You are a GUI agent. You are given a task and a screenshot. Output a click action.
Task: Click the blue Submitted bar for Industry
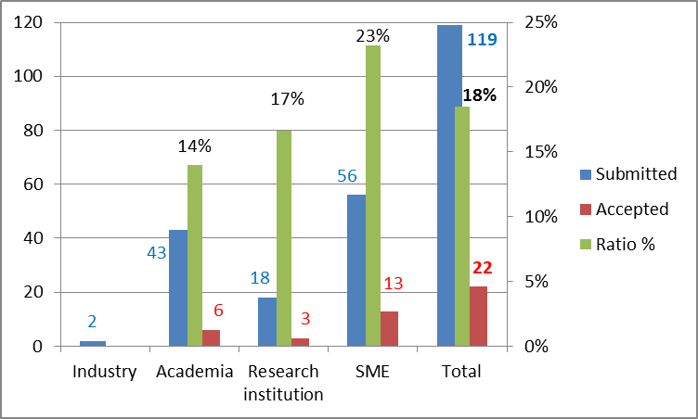[x=93, y=344]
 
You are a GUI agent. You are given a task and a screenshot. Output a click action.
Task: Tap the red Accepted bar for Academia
[x=212, y=338]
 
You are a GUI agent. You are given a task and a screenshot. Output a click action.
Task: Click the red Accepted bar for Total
[x=478, y=316]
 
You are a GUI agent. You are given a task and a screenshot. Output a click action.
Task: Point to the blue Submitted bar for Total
[x=449, y=185]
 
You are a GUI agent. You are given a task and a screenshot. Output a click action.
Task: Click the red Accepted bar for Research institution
[x=301, y=342]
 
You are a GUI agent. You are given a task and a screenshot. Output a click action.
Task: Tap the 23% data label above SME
[x=372, y=36]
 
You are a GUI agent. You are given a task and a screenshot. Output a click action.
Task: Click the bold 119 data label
[x=482, y=40]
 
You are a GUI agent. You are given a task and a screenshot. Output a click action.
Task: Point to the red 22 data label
[x=482, y=268]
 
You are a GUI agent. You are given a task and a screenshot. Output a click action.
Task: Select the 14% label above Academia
[x=195, y=146]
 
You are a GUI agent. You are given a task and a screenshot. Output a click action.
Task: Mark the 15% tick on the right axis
[x=539, y=152]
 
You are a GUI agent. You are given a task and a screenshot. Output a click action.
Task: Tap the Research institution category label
[x=283, y=383]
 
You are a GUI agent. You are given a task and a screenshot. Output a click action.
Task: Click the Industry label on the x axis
[x=105, y=373]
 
